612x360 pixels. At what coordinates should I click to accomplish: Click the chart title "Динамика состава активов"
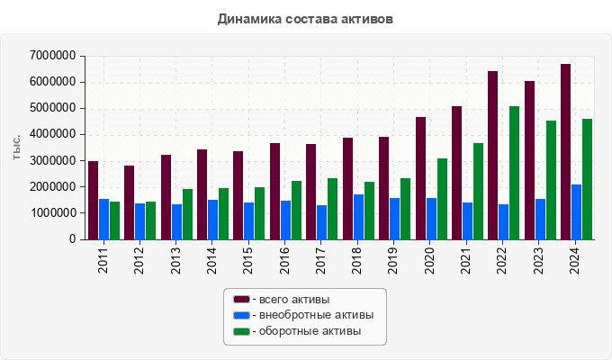305,18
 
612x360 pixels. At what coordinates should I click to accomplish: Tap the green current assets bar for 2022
514,173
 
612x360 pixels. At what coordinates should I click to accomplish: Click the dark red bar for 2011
94,200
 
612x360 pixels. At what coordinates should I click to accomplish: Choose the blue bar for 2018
358,217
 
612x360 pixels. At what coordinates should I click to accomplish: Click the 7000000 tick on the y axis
51,56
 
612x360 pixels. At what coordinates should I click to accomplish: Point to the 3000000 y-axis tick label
51,161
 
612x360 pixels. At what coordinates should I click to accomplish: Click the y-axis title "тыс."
16,148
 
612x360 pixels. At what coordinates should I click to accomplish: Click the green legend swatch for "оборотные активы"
241,332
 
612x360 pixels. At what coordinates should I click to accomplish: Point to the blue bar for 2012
140,221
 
